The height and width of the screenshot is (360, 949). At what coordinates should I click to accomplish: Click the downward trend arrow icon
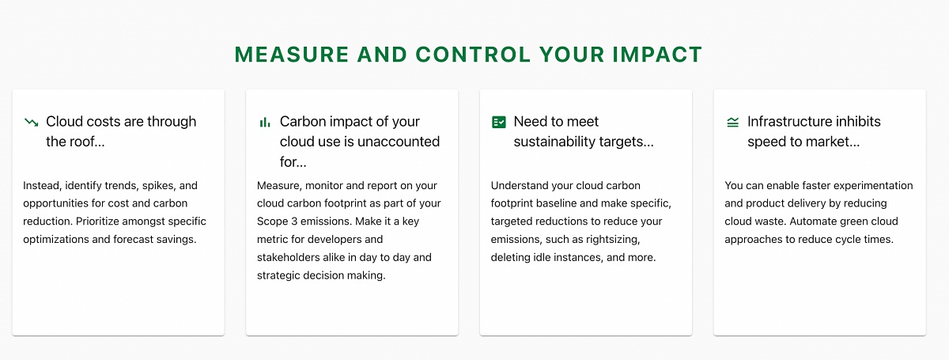click(32, 123)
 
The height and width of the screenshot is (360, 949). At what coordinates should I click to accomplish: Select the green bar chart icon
click(265, 123)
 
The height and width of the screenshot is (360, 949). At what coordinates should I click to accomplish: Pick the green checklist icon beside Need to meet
click(499, 122)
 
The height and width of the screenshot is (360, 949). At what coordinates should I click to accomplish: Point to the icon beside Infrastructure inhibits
click(732, 123)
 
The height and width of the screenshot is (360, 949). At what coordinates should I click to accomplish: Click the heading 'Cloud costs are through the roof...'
click(121, 131)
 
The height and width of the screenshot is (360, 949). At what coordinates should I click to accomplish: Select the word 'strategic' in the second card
click(277, 275)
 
